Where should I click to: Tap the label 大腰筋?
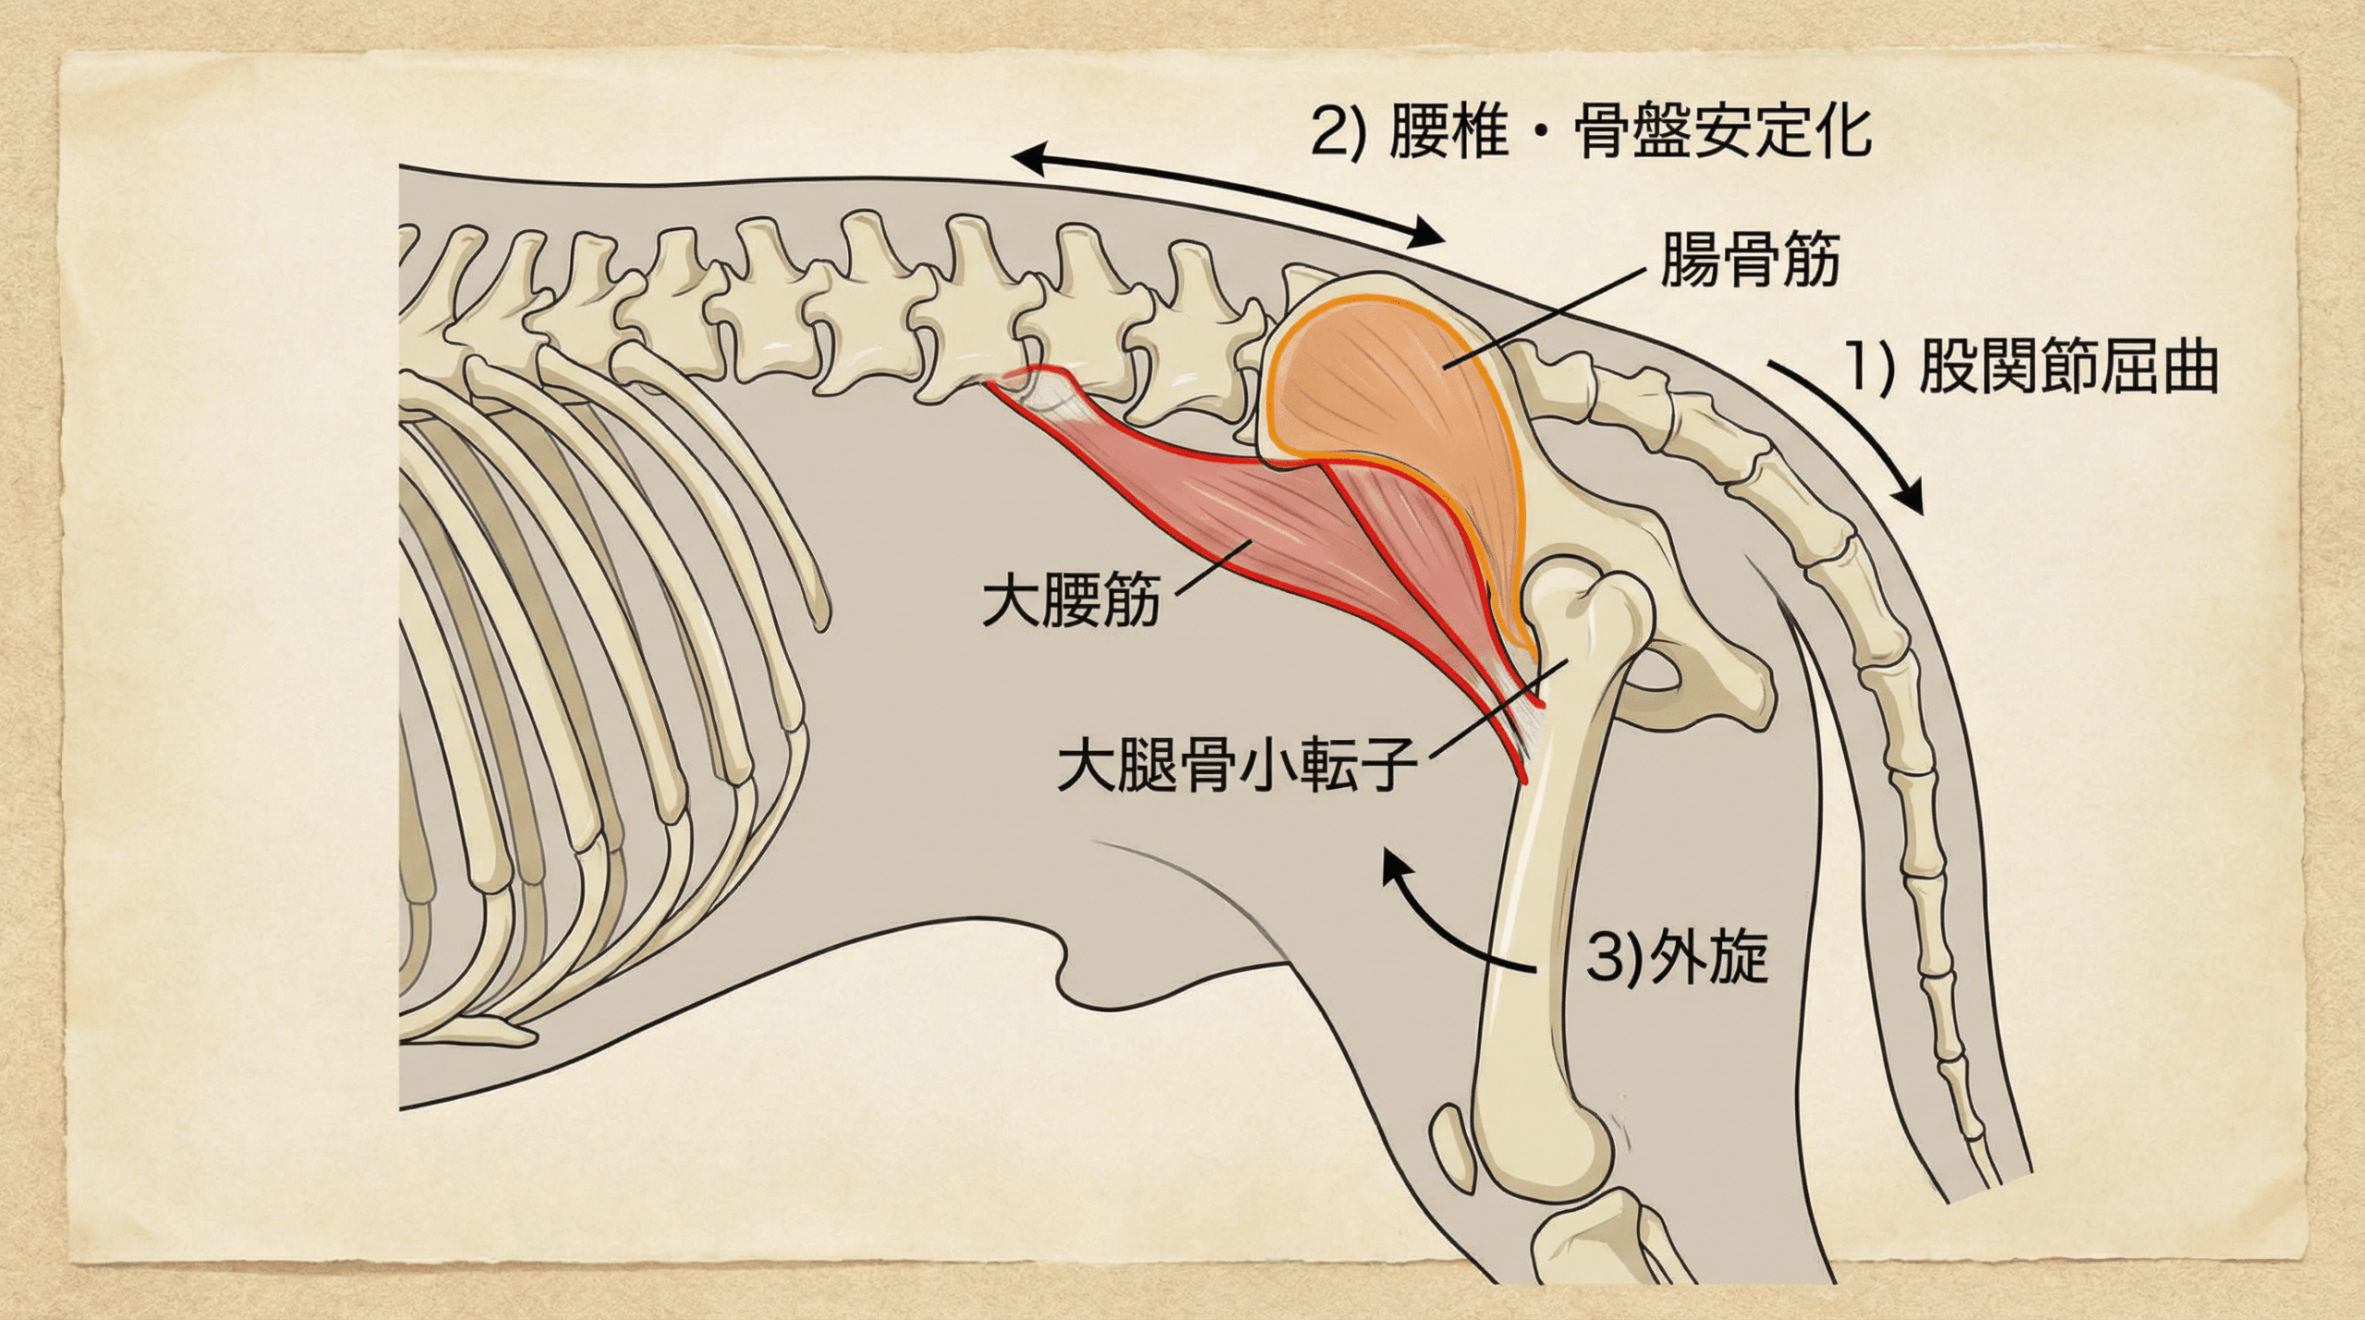tap(1071, 601)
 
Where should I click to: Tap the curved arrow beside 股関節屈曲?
tap(1856, 434)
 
